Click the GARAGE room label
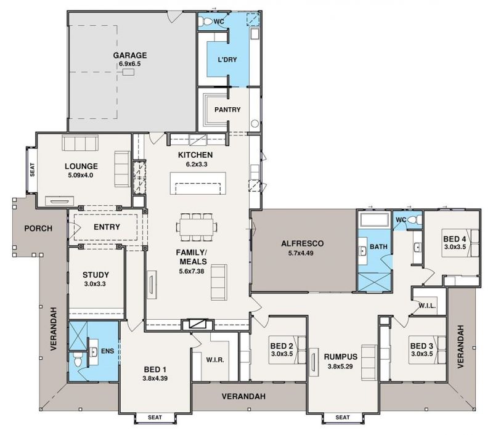point(130,55)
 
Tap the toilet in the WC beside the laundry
point(206,22)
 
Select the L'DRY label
point(227,59)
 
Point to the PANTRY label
point(227,110)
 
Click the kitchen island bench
point(198,183)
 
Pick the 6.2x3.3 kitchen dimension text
point(197,164)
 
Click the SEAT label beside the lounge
point(32,169)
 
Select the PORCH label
point(38,228)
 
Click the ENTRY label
point(107,227)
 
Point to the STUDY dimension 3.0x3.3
point(95,284)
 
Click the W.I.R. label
point(215,360)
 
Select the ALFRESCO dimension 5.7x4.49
point(301,253)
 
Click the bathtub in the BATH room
point(375,219)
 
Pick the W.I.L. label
point(427,306)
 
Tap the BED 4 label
point(455,239)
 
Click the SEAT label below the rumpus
point(343,417)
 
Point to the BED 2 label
point(282,346)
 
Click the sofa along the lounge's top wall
point(80,144)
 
